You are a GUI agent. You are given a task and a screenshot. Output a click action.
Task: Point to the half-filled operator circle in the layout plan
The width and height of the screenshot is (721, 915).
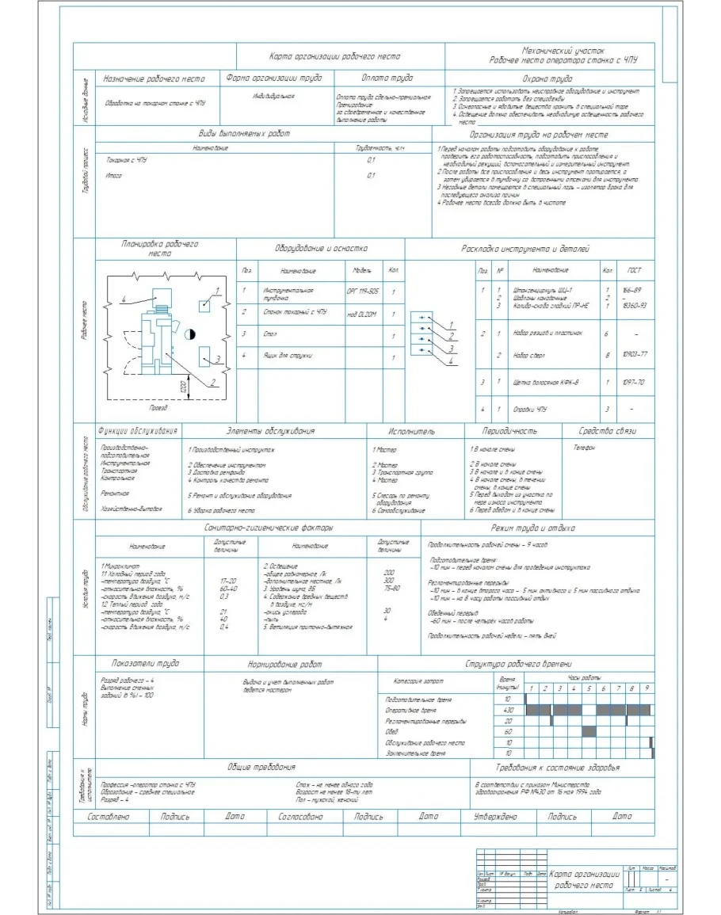(x=190, y=334)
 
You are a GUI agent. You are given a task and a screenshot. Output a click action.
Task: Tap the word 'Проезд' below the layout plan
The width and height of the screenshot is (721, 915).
(x=159, y=407)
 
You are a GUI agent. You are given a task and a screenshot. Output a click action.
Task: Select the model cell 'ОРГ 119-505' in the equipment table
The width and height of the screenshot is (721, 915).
(x=362, y=291)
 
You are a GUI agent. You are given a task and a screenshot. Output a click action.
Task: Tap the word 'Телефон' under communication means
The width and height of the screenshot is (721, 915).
(x=584, y=448)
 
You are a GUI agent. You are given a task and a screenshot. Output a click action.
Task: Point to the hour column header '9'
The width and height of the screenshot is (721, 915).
(x=647, y=689)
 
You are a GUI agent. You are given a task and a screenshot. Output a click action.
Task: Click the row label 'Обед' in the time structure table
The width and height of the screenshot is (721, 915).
(x=393, y=732)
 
